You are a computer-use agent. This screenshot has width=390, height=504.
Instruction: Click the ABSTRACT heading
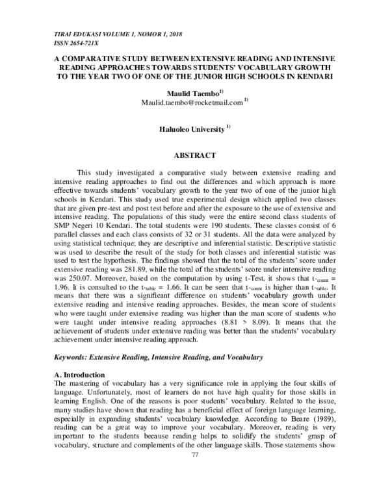pyautogui.click(x=195, y=156)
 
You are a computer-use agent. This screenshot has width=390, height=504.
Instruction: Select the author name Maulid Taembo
pyautogui.click(x=193, y=94)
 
